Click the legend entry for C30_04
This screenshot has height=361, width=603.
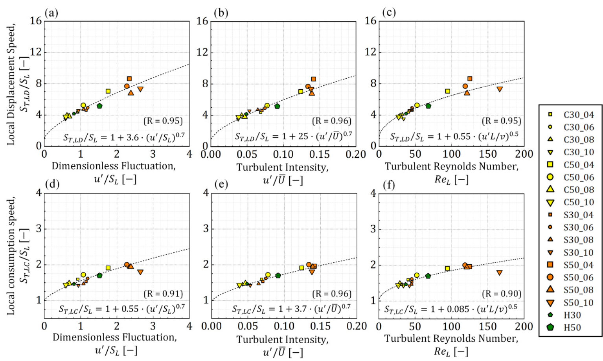[578, 115]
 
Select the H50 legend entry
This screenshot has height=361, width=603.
[572, 328]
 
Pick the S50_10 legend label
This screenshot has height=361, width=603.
[578, 303]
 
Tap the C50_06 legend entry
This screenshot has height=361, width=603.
[578, 177]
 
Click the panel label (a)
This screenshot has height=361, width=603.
[51, 13]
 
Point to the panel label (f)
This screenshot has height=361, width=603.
[388, 185]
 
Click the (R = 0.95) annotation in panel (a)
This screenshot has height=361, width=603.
[163, 121]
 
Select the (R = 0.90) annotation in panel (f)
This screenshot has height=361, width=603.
[502, 294]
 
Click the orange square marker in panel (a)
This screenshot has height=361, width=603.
[129, 79]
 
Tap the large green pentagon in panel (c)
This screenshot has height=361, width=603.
[428, 106]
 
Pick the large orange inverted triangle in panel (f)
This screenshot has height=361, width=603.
[500, 273]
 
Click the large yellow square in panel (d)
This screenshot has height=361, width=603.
[108, 268]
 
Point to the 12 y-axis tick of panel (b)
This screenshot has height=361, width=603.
[202, 52]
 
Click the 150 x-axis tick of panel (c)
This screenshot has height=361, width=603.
[487, 154]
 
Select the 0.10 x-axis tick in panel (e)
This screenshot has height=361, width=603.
[284, 326]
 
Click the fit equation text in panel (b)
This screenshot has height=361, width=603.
[293, 136]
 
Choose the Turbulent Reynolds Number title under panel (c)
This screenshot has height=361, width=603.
[451, 167]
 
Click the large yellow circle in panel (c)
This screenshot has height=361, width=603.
[417, 105]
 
